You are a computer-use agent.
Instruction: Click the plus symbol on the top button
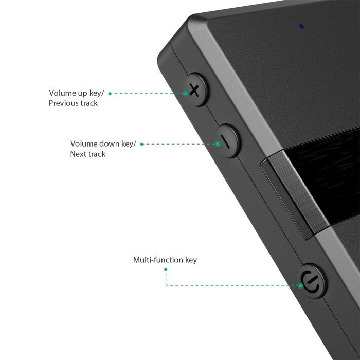(x=194, y=90)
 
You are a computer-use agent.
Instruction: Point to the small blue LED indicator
(x=302, y=26)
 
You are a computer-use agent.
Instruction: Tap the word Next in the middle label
(x=78, y=154)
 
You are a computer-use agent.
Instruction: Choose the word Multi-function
(x=158, y=260)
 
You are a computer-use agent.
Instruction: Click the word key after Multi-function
(x=191, y=260)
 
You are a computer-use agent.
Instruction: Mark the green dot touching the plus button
(x=186, y=94)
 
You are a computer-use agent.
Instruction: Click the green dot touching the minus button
(x=218, y=144)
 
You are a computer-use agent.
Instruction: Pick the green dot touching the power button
(x=300, y=285)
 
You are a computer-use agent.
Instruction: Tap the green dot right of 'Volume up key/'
(x=110, y=94)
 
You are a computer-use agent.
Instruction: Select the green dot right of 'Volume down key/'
(x=142, y=144)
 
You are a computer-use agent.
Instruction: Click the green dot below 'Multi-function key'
(x=166, y=269)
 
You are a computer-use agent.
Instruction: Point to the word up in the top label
(x=81, y=94)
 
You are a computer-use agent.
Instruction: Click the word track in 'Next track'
(x=96, y=154)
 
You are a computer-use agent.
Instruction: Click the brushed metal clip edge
(x=296, y=195)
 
